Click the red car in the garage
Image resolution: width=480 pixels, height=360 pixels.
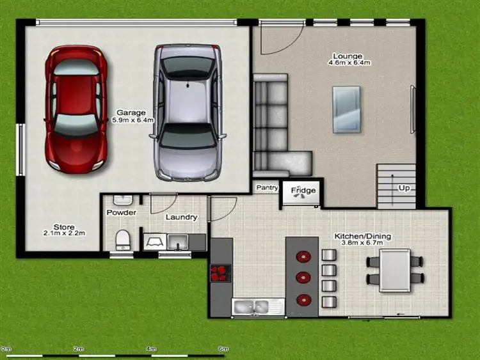tap(76, 108)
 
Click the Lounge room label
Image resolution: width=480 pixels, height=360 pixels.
tap(349, 56)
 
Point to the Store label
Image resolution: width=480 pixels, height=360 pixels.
tap(64, 227)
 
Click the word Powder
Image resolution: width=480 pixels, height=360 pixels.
tap(122, 212)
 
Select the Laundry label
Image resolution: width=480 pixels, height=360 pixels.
tap(181, 217)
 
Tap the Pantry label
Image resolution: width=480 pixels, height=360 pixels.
tap(267, 188)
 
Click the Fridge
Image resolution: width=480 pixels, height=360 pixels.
tap(303, 191)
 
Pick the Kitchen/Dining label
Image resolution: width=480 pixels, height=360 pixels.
tap(363, 237)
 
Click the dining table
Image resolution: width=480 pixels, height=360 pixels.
tap(395, 269)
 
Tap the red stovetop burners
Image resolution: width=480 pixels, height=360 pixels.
tap(220, 273)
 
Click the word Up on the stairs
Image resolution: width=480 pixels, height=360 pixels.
tap(404, 188)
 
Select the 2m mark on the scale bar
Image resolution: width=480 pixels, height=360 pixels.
tap(78, 348)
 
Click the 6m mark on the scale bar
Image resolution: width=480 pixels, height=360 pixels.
tap(223, 348)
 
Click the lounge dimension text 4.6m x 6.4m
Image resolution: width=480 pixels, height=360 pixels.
tap(349, 63)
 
